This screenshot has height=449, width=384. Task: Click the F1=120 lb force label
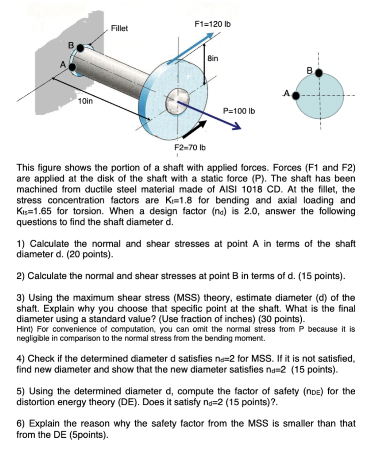click(212, 24)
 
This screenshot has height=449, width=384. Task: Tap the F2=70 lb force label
click(190, 148)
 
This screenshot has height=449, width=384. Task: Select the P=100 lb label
click(239, 111)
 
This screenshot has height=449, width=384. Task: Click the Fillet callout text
click(119, 29)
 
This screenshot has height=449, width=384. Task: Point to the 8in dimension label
click(213, 59)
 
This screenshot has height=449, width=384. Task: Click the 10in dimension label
click(85, 101)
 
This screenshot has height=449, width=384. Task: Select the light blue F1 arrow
click(194, 46)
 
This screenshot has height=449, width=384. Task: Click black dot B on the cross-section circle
click(319, 73)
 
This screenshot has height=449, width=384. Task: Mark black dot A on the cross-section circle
click(296, 96)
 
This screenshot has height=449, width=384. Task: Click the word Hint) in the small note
click(25, 329)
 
